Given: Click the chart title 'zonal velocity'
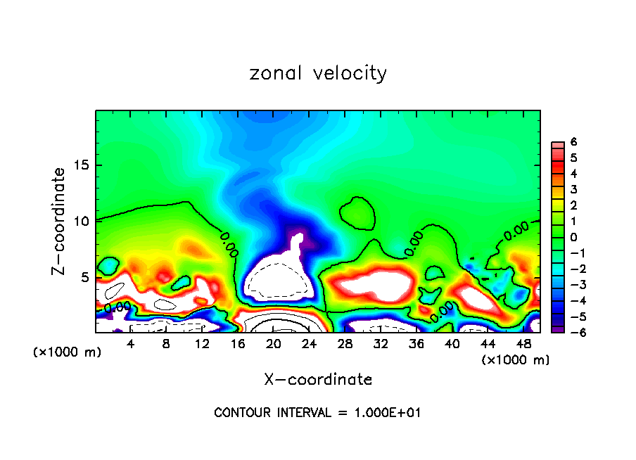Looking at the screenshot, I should (318, 73).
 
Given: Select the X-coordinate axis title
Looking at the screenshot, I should (318, 380).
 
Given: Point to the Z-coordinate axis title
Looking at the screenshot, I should (61, 221).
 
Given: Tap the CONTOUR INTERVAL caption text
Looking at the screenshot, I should (317, 413).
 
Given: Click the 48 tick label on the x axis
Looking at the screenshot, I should (523, 344).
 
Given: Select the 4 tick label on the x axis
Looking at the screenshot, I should (131, 344).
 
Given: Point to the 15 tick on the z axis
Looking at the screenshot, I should (85, 165).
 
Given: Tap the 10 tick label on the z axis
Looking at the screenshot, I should (85, 221).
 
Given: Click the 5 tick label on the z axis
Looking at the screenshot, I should (88, 277).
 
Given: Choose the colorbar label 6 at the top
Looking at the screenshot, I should (573, 142).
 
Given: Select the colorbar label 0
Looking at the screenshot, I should (573, 237).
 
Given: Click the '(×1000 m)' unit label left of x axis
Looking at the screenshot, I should (68, 352).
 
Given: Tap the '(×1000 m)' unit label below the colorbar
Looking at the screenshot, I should (516, 360).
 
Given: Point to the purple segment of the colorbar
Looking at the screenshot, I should (556, 328).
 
